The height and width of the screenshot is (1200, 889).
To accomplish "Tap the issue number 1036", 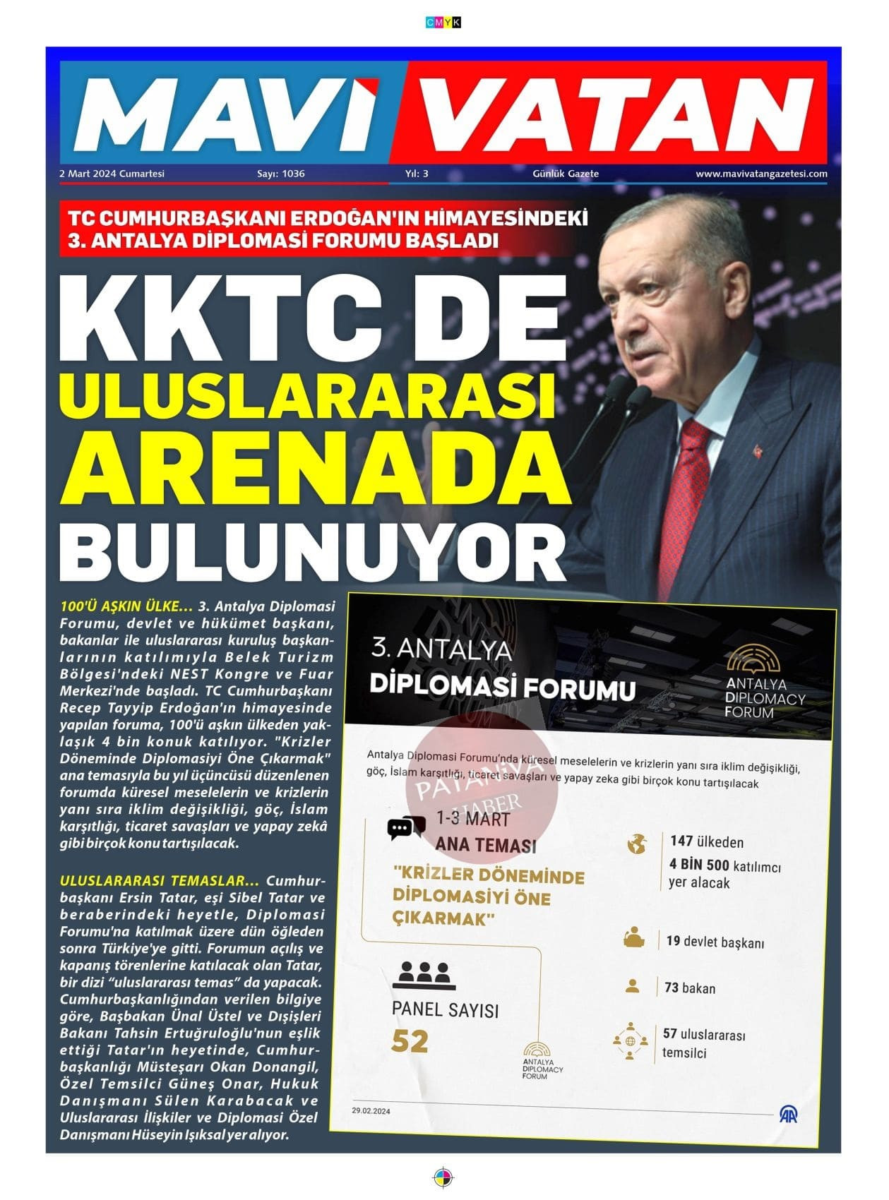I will click(293, 174).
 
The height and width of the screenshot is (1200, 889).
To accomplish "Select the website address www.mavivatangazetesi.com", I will click(761, 174).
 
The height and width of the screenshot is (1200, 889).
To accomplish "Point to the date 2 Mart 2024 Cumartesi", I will click(112, 174).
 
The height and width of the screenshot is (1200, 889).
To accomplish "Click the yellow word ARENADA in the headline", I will click(314, 470).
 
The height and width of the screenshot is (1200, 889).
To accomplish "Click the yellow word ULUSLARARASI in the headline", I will click(314, 396).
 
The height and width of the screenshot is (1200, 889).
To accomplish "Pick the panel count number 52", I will click(410, 1041).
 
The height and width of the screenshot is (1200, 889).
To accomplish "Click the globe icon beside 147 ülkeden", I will click(637, 844).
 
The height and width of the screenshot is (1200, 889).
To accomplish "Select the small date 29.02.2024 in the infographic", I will click(371, 1111).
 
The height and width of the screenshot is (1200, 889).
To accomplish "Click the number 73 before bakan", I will click(672, 988).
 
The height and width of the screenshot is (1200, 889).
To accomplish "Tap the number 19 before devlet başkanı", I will click(673, 941).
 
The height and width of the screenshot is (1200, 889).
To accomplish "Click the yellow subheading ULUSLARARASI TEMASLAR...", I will click(160, 881).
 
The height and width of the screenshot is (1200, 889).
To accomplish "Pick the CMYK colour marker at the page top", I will click(443, 23).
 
